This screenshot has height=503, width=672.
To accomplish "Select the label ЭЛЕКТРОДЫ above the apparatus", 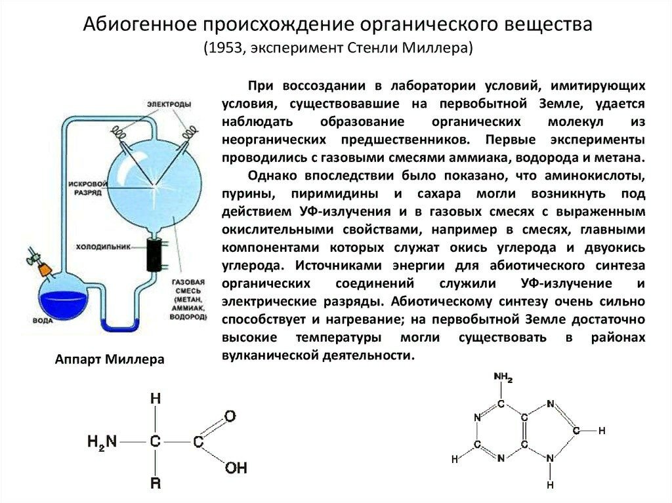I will point(169,105).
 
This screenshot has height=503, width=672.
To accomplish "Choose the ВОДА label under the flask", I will point(43,321).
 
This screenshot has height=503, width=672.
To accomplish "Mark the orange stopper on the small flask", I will point(43,269).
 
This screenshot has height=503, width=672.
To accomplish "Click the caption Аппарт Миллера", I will point(109,360).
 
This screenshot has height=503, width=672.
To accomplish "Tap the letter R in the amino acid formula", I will point(155,486).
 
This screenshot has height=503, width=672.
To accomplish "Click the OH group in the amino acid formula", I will point(236,468).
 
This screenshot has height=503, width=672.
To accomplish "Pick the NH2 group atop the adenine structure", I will point(503,377).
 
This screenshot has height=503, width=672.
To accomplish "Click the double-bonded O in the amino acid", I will point(229,416).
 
